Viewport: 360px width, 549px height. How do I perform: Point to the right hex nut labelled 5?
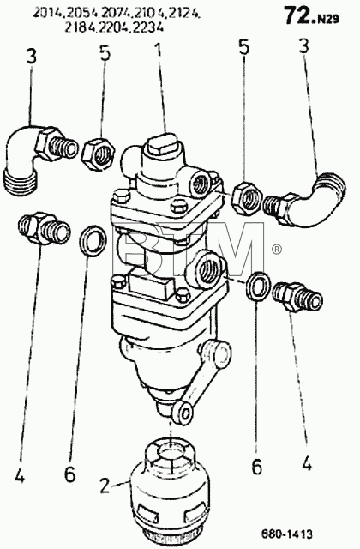tap(246, 198)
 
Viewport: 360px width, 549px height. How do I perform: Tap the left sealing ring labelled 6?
tap(93, 240)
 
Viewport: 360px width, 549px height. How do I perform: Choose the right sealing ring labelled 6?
tap(258, 286)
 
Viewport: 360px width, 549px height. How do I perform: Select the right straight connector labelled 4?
tap(297, 297)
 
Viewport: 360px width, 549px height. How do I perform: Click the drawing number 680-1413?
tap(287, 534)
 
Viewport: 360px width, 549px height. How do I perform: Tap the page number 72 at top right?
tap(298, 15)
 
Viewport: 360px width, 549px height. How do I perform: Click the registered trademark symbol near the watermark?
tap(276, 250)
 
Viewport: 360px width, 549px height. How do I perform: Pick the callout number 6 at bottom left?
tap(69, 474)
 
